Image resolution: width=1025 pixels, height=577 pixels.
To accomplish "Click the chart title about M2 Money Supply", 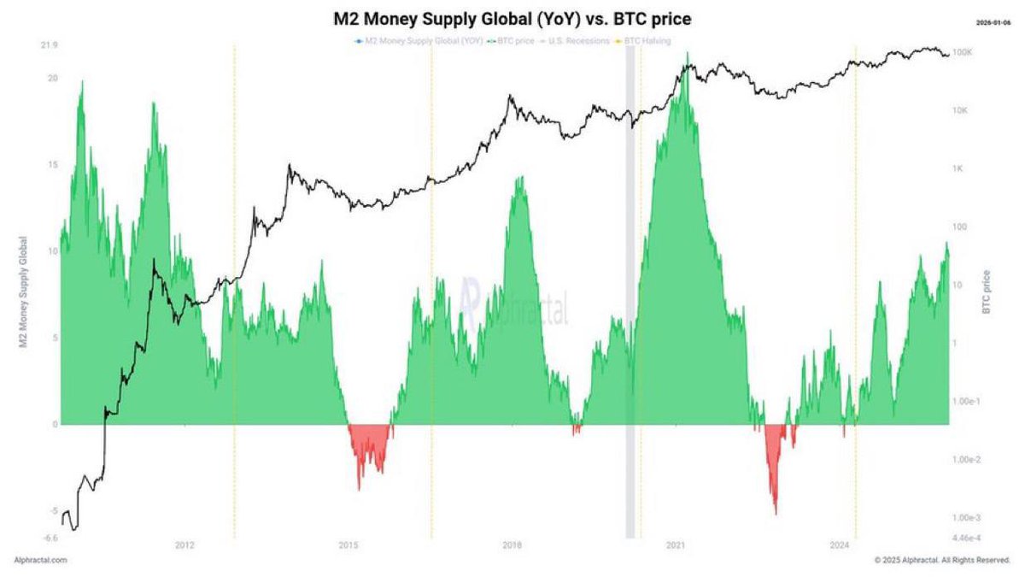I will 512,18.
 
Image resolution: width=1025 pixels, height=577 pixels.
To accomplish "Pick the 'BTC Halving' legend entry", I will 646,41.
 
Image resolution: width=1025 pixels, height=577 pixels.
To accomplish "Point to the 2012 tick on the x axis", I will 184,545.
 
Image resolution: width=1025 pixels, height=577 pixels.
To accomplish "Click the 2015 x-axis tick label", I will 348,545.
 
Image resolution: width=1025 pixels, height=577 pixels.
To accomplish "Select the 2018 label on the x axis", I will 512,545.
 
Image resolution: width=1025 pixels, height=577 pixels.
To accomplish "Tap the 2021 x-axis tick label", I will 676,545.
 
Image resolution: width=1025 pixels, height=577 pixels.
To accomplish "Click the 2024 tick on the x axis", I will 840,545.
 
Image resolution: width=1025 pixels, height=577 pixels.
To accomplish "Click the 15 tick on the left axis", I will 51,165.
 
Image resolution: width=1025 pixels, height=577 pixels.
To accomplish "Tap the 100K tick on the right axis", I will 963,53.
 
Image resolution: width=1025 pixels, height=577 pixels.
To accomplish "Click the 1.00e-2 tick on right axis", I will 969,460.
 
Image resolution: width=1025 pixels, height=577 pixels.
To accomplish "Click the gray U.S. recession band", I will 630,291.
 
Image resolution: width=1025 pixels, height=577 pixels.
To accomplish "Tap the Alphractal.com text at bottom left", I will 40,560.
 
